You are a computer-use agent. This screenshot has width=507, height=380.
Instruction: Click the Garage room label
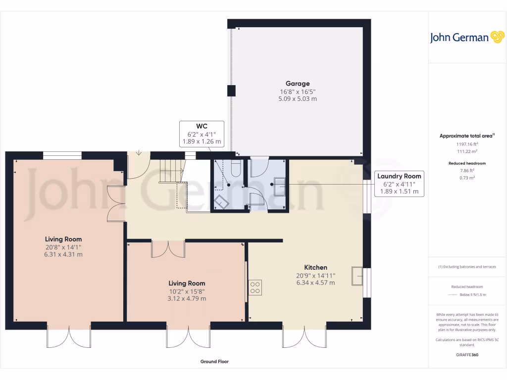[297, 84]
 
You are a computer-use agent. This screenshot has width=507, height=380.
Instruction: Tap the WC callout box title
[202, 126]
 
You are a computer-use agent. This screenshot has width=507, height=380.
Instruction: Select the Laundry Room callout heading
[399, 176]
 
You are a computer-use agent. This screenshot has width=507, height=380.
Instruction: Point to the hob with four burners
[255, 287]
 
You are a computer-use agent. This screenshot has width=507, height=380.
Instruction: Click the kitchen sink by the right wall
[356, 276]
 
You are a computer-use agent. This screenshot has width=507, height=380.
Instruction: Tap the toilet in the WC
[235, 168]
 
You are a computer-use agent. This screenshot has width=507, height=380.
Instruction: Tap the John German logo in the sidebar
[466, 38]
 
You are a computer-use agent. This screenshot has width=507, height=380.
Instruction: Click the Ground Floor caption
[214, 362]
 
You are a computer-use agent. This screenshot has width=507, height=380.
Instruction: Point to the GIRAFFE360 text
[467, 355]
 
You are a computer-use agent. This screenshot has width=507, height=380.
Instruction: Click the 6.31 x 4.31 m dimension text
[63, 254]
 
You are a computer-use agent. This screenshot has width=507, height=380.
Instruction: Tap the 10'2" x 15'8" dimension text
[187, 291]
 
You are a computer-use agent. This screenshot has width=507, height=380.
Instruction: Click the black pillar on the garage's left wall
[231, 91]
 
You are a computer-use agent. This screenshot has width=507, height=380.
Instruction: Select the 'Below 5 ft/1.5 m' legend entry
[473, 294]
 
